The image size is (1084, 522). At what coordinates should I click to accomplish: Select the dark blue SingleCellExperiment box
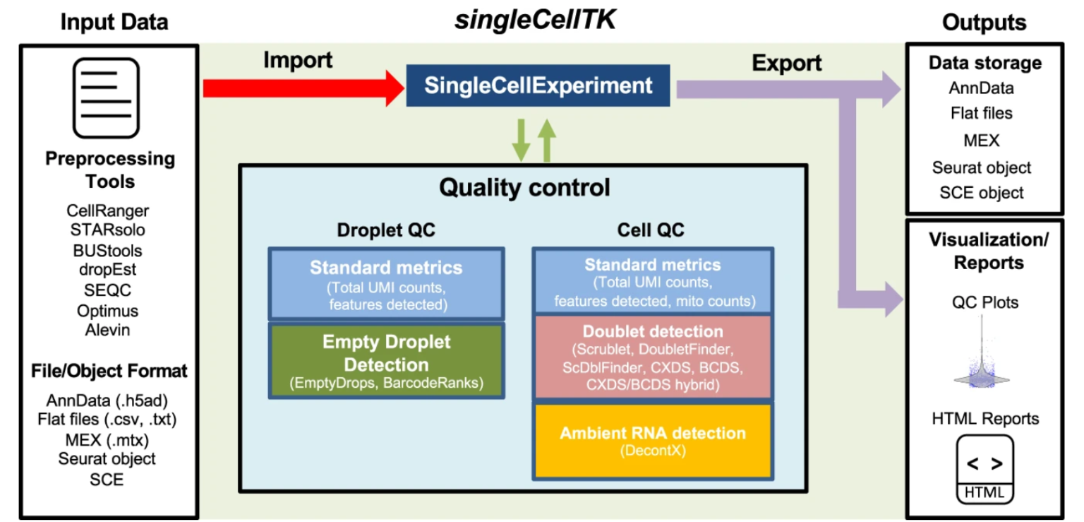click(x=538, y=86)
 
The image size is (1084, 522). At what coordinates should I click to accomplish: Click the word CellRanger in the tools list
click(x=108, y=210)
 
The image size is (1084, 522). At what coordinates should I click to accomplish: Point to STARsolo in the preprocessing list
click(x=108, y=230)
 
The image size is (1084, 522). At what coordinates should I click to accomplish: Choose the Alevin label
click(x=108, y=330)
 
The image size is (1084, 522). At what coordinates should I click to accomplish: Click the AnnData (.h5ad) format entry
click(x=107, y=399)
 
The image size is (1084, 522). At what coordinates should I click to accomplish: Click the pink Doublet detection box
click(x=652, y=357)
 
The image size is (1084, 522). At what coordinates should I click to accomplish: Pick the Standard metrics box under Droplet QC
click(x=386, y=283)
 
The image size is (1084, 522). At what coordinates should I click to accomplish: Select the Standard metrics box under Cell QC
click(x=652, y=280)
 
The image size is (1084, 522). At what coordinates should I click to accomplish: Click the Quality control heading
click(x=524, y=188)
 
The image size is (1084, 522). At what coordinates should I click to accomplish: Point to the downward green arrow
click(x=522, y=140)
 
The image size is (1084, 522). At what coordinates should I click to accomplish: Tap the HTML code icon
click(x=984, y=469)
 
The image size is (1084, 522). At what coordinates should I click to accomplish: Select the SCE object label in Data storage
click(x=982, y=193)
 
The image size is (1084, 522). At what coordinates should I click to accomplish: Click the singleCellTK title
click(x=535, y=20)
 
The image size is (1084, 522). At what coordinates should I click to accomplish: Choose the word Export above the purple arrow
click(x=786, y=64)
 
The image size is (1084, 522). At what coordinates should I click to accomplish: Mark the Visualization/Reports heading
click(x=988, y=251)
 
